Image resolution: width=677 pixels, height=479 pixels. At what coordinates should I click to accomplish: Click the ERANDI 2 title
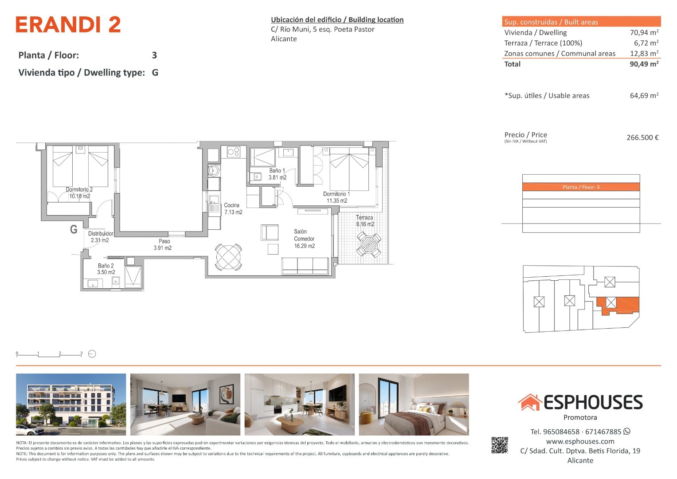(x=68, y=24)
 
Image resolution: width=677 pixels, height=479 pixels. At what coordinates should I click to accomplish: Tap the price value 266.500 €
(x=642, y=137)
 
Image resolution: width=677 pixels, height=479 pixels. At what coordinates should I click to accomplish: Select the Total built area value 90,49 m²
(x=644, y=64)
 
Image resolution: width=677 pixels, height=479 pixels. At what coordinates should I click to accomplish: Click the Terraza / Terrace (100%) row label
(x=543, y=43)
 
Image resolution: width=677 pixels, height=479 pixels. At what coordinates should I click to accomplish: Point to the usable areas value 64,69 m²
(x=644, y=95)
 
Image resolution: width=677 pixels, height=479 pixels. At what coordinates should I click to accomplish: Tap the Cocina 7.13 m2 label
(x=233, y=208)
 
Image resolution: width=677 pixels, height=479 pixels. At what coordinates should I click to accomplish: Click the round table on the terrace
(x=369, y=244)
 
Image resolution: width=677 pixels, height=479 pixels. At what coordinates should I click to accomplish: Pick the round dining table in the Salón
(x=228, y=257)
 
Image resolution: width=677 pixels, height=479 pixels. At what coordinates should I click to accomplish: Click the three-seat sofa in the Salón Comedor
(x=305, y=266)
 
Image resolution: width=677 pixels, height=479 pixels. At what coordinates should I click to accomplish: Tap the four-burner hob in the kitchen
(x=233, y=152)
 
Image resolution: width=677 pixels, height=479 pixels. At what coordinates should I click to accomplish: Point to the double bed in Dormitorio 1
(x=349, y=169)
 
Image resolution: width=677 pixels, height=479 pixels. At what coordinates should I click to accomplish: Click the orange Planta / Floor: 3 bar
(x=581, y=187)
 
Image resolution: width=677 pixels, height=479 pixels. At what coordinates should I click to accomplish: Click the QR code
(x=500, y=445)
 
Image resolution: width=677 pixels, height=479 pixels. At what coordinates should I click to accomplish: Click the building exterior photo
(x=71, y=404)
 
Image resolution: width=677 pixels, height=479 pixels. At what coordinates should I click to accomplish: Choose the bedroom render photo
(x=414, y=404)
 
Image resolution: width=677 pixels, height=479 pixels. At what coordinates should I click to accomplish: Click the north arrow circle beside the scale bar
(x=92, y=354)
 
